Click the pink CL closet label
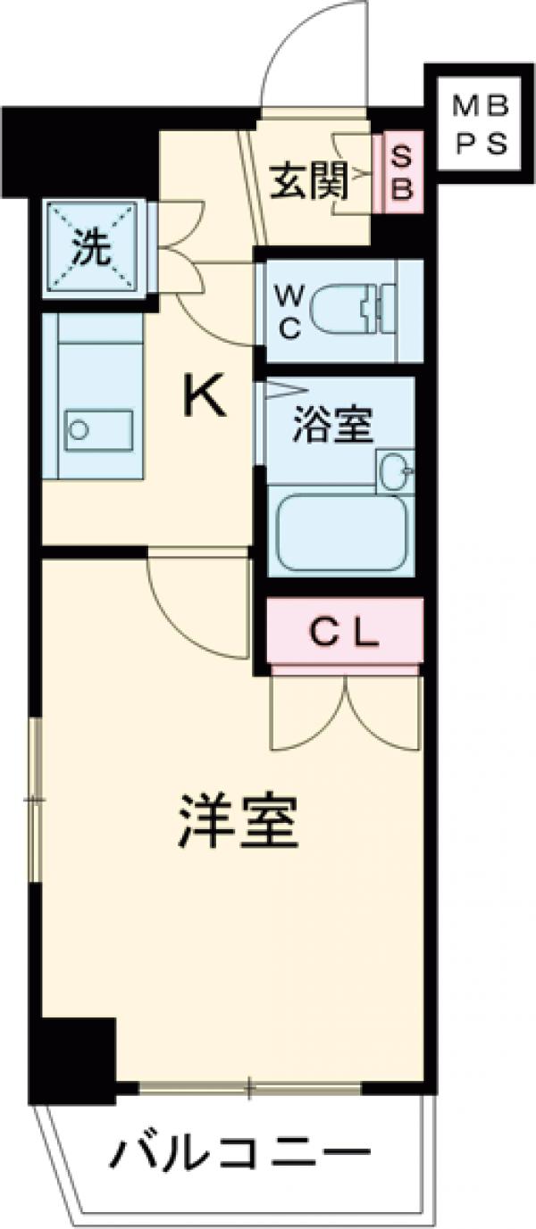pyautogui.click(x=344, y=634)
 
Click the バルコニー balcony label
pyautogui.click(x=239, y=1158)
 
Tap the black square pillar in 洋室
pyautogui.click(x=73, y=1058)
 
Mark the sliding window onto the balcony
pyautogui.click(x=250, y=1088)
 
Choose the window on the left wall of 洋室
pyautogui.click(x=35, y=800)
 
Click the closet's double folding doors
pyautogui.click(x=345, y=710)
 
